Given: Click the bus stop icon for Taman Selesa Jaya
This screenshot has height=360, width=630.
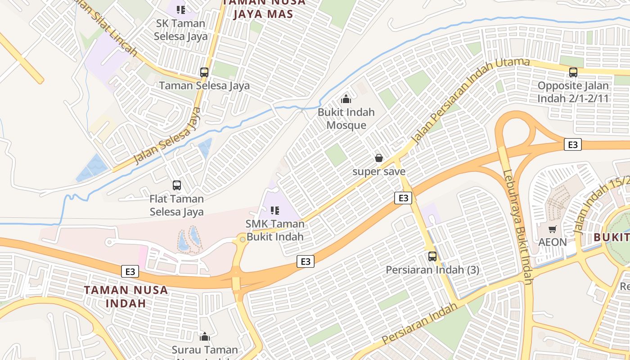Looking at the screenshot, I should (x=204, y=72).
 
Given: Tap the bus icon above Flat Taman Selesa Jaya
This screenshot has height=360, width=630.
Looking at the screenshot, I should (x=177, y=185).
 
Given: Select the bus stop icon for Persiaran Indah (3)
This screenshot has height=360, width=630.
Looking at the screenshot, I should (x=432, y=256).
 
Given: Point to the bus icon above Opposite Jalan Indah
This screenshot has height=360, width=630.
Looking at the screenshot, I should (x=573, y=72).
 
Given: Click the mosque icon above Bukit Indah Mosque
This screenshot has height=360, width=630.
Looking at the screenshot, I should (x=346, y=99).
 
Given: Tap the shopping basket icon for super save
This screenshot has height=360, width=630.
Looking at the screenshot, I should (x=379, y=158).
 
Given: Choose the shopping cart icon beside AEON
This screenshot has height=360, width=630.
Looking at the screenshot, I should (x=553, y=229).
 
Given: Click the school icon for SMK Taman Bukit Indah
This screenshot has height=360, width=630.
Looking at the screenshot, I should (x=275, y=210).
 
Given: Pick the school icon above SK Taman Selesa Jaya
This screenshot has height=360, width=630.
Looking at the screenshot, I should (x=181, y=9).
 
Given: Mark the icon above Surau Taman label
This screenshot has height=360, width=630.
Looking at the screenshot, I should (x=205, y=336).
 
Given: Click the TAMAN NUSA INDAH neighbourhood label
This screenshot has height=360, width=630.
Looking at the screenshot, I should (x=126, y=296).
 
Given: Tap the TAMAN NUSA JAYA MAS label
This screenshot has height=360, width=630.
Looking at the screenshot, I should (x=264, y=8).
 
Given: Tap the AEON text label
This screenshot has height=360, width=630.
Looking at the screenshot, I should (x=553, y=242).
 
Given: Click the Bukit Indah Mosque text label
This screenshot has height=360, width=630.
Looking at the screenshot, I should (x=346, y=118).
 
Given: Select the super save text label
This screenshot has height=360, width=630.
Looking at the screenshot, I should (x=379, y=171).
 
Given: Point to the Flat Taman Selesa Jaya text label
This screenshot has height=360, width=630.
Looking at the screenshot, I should (x=176, y=205).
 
